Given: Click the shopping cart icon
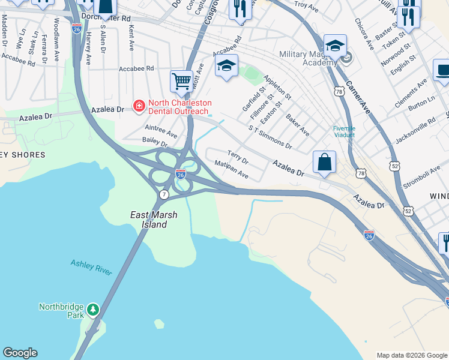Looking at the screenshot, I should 181,80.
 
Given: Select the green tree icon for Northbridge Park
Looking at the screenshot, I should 92,310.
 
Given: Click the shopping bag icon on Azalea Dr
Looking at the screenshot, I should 324,162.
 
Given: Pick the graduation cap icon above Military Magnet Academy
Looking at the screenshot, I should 335,46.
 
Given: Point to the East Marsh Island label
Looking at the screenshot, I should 149,219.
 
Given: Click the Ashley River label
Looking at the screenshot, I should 91,267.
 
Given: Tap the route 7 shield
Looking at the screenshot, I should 164,195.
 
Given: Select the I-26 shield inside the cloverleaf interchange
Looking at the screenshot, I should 181,174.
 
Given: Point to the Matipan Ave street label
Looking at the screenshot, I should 232,169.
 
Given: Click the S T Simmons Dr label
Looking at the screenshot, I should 270,137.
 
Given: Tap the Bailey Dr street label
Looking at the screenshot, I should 154,143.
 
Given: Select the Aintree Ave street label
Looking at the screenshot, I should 161,131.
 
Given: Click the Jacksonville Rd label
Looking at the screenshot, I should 415,131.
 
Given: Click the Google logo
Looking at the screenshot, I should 20,353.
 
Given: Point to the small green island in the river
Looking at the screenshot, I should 158,324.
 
